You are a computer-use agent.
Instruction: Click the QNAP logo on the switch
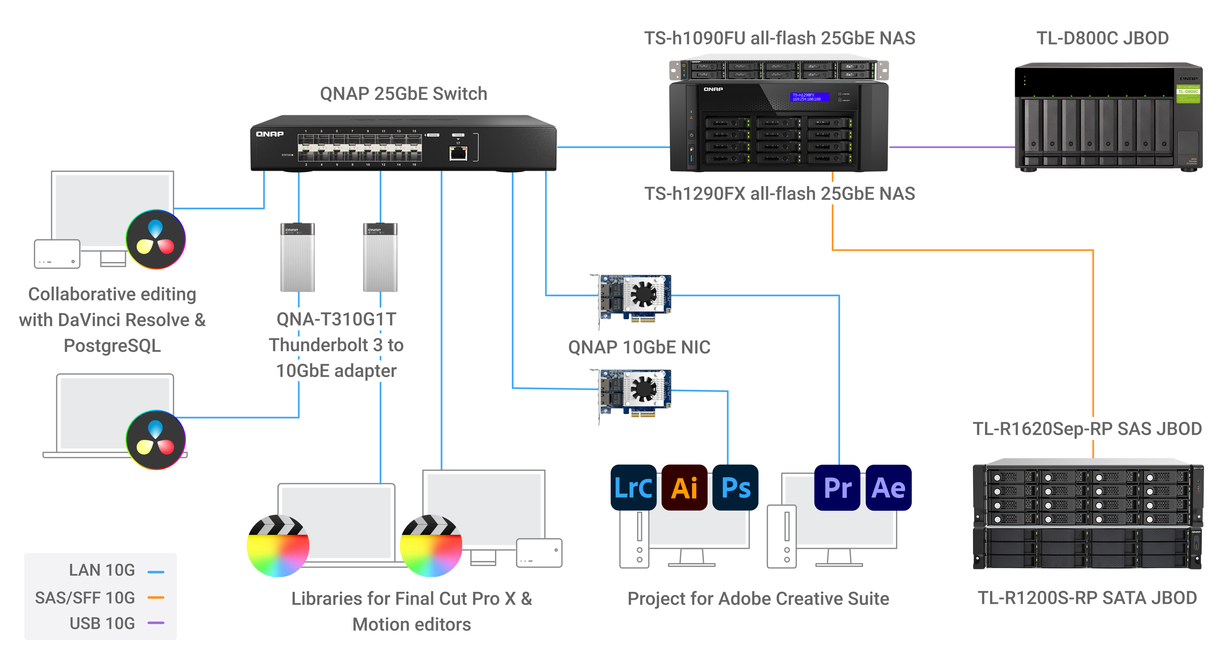click(x=270, y=134)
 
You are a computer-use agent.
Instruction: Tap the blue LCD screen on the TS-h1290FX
click(x=809, y=97)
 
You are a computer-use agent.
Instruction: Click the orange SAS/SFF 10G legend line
click(x=156, y=597)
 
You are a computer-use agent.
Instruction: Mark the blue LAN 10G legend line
click(x=156, y=571)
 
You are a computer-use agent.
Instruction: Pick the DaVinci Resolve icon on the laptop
click(x=156, y=439)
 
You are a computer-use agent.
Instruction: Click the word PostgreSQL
click(x=112, y=345)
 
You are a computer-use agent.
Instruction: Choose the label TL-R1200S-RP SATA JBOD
click(x=1087, y=598)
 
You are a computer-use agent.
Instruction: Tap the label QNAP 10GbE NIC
click(x=639, y=347)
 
